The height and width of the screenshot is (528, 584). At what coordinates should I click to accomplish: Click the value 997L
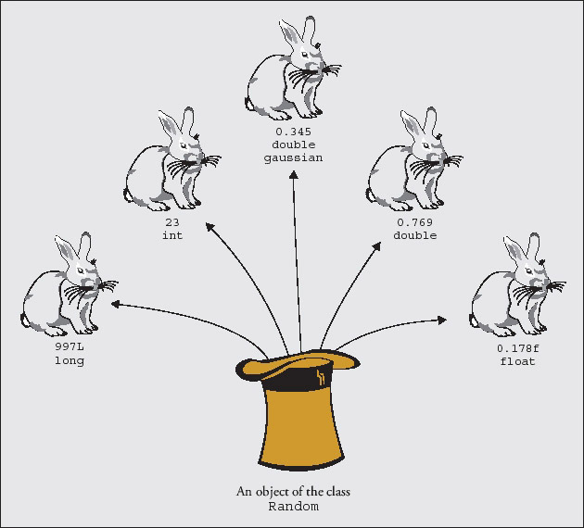click(69, 348)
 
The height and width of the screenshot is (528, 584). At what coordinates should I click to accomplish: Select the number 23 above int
click(172, 223)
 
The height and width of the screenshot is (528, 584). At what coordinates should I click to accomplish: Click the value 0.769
click(414, 223)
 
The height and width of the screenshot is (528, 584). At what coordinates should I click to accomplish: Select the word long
click(69, 361)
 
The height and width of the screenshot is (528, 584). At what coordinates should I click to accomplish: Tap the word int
click(172, 235)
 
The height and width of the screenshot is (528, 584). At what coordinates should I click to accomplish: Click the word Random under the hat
click(293, 507)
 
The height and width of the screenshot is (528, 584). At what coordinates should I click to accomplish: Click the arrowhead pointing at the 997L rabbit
click(116, 305)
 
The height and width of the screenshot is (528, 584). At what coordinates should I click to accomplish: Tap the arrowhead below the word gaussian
click(294, 175)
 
